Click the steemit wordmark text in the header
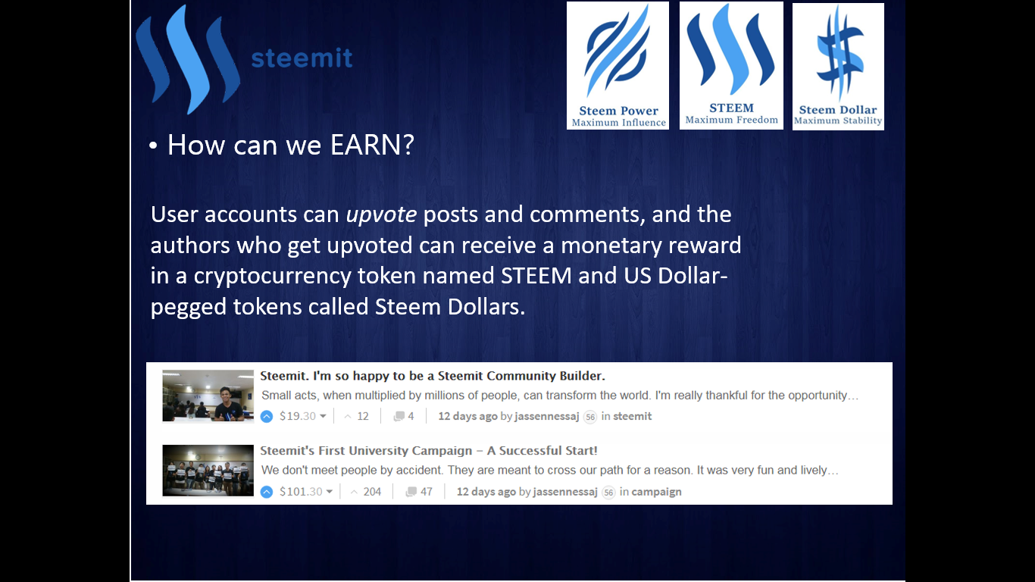coord(302,58)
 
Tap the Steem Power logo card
coord(618,66)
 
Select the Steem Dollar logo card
coord(838,67)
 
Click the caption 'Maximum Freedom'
coord(731,120)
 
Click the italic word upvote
coord(381,215)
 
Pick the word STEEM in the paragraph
coord(536,276)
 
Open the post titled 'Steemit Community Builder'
coord(433,376)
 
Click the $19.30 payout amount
coord(298,416)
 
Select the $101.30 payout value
coord(301,491)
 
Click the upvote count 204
coord(372,491)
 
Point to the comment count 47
coord(427,491)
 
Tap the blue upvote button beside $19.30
coord(267,417)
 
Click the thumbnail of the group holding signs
coord(208,471)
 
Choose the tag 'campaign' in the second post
coord(656,491)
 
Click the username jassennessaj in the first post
coord(546,416)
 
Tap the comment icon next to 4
coord(399,417)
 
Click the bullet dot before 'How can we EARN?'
coord(153,145)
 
